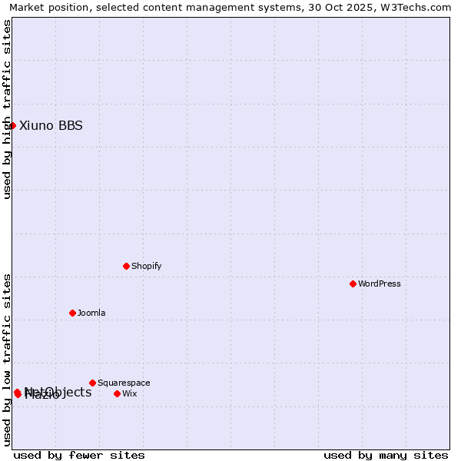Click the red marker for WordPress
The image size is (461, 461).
pos(353,284)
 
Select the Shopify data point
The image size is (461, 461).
pos(126,266)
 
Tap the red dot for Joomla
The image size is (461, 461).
pos(72,313)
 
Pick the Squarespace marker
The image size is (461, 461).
pos(92,383)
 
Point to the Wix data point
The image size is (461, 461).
pos(117,393)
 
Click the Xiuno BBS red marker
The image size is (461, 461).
pos(12,125)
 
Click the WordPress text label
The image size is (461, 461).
pos(380,284)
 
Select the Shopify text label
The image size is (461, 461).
pos(147,266)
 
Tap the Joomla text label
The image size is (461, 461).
pos(91,313)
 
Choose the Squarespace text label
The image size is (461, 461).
pos(124,383)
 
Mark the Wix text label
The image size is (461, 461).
pos(130,393)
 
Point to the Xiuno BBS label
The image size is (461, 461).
pos(51,125)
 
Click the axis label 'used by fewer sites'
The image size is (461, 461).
pos(79,455)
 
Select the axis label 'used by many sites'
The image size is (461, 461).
pos(386,455)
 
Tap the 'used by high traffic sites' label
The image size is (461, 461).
pos(7,109)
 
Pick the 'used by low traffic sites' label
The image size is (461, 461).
pos(7,360)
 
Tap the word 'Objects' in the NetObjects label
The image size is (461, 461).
pos(68,392)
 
